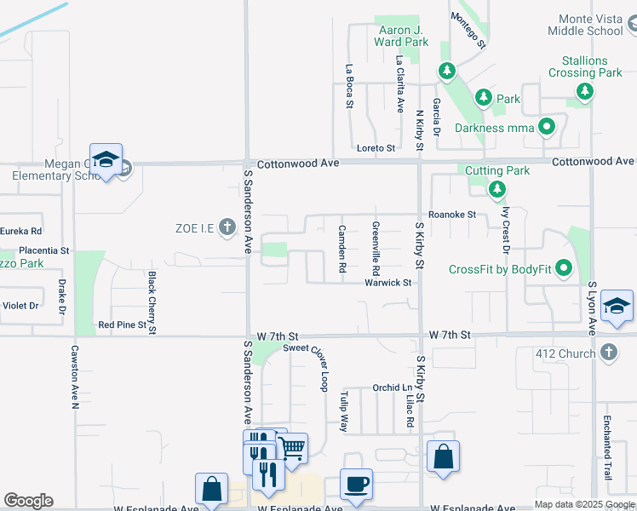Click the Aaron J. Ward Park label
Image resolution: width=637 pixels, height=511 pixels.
click(x=403, y=35)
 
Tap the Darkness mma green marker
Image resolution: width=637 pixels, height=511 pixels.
click(x=547, y=128)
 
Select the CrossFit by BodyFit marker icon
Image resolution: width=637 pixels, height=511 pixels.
click(x=563, y=270)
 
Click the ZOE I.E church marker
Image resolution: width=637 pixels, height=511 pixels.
click(x=227, y=227)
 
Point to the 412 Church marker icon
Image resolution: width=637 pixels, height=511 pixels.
click(x=607, y=352)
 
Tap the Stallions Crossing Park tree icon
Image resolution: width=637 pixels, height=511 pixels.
click(x=584, y=91)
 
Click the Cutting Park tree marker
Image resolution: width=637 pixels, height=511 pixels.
click(x=497, y=188)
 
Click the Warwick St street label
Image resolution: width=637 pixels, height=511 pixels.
click(x=388, y=283)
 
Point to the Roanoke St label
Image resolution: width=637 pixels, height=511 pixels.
click(x=452, y=215)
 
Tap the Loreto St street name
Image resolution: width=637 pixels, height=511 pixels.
click(x=376, y=147)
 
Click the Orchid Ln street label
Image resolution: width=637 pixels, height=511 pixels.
click(x=392, y=388)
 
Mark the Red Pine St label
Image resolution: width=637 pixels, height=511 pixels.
click(x=123, y=324)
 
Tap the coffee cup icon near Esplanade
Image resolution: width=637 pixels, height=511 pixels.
click(x=356, y=484)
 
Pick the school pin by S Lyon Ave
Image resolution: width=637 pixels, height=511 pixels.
click(x=617, y=307)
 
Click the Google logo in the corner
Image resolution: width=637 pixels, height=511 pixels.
click(x=28, y=501)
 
